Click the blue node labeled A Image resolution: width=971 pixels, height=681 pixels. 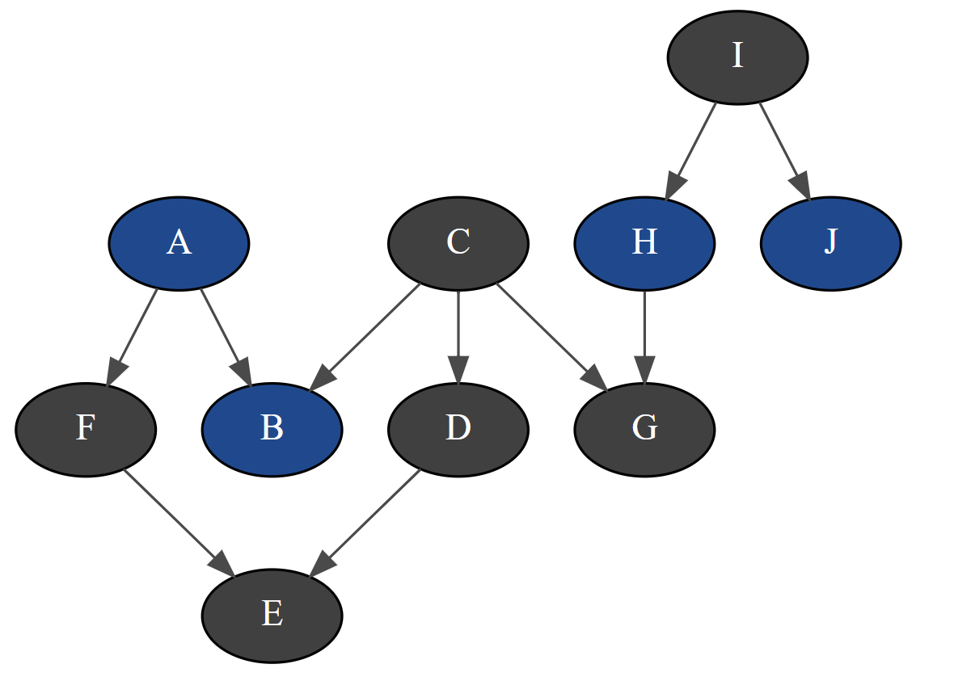click(x=179, y=243)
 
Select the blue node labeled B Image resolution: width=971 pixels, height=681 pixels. click(x=272, y=429)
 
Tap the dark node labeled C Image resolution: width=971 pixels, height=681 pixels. click(x=458, y=243)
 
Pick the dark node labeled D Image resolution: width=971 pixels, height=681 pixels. click(x=458, y=429)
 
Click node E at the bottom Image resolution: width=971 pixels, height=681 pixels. click(x=272, y=616)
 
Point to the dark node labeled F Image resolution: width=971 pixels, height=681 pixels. click(x=86, y=429)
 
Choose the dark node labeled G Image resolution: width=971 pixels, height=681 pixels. click(x=644, y=429)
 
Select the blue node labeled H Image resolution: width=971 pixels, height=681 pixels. click(x=644, y=243)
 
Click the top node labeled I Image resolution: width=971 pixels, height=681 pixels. click(x=737, y=57)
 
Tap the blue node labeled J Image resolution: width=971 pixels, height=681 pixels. click(x=830, y=243)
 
